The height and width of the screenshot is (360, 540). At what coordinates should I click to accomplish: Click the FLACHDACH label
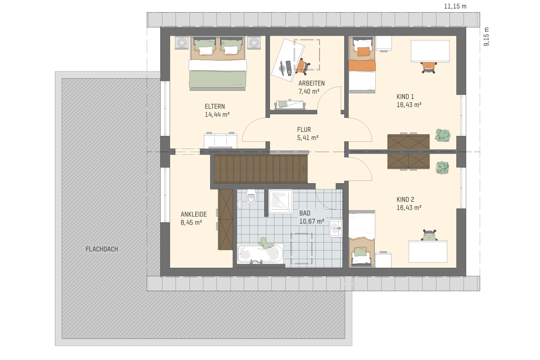(x=102, y=249)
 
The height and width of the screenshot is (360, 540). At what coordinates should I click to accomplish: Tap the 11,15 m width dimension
(x=455, y=6)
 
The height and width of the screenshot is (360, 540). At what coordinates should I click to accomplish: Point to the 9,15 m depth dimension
(x=486, y=36)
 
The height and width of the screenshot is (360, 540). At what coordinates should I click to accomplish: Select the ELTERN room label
(x=215, y=106)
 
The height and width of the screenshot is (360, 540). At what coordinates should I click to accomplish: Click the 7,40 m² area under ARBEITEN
(x=309, y=91)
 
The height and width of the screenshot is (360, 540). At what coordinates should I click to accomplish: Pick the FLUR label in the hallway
(x=304, y=130)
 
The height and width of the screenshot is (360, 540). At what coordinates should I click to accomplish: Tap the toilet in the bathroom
(x=251, y=197)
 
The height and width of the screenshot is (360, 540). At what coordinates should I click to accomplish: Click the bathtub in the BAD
(x=260, y=254)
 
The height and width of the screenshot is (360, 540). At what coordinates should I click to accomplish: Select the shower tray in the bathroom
(x=281, y=202)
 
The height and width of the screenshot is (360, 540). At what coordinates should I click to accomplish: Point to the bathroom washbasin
(x=336, y=228)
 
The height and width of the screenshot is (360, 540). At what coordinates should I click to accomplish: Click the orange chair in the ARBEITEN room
(x=302, y=66)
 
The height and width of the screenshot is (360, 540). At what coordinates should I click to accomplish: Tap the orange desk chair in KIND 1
(x=429, y=67)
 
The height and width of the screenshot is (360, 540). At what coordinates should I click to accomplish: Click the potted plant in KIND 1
(x=443, y=135)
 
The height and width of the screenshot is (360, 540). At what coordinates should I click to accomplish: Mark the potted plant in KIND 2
(x=442, y=168)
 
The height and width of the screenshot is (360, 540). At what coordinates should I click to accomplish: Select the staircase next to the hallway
(x=261, y=169)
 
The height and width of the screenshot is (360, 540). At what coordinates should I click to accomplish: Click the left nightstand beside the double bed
(x=181, y=43)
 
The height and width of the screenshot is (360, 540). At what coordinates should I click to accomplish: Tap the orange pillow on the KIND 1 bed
(x=364, y=51)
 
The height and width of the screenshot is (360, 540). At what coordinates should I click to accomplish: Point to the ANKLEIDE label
(x=193, y=214)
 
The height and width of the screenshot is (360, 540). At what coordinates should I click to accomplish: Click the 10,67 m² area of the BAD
(x=311, y=221)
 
